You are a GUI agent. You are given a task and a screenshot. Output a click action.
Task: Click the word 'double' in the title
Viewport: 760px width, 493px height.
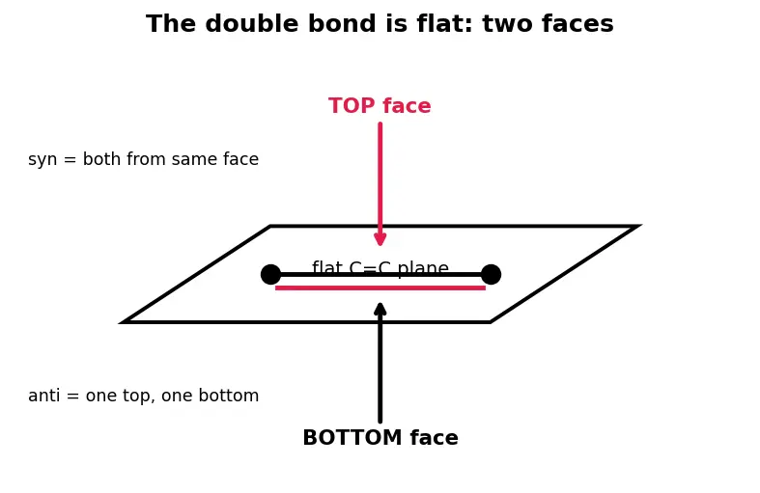tap(251, 24)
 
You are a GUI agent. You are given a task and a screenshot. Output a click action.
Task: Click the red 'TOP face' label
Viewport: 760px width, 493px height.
tap(380, 106)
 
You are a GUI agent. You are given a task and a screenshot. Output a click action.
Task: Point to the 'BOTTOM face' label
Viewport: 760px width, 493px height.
tap(380, 438)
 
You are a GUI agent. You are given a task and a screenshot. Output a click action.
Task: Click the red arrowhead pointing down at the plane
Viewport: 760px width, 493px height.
tap(380, 238)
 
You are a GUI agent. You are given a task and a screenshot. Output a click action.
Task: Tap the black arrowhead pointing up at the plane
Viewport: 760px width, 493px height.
tap(380, 310)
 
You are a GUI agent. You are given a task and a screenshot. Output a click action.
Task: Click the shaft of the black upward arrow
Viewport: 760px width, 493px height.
tap(380, 369)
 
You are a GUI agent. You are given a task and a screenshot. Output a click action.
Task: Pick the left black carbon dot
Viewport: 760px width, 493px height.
tap(270, 275)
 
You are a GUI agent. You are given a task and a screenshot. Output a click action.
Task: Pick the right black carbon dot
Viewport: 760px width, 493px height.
tap(491, 275)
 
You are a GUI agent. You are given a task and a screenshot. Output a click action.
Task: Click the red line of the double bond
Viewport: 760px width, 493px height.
tap(380, 288)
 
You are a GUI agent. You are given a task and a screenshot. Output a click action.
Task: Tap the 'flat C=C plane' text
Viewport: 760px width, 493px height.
tap(380, 267)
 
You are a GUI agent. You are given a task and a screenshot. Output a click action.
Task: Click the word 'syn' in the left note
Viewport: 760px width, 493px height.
tap(42, 160)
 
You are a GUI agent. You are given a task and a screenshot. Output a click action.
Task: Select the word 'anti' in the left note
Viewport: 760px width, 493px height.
tap(44, 396)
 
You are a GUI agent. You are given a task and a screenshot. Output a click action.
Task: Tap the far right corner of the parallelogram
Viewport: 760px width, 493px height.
tap(639, 226)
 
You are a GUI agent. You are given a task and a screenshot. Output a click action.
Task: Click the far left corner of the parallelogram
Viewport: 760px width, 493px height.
tap(123, 322)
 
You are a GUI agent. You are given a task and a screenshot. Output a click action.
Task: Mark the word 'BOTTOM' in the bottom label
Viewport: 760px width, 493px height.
tap(352, 438)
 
